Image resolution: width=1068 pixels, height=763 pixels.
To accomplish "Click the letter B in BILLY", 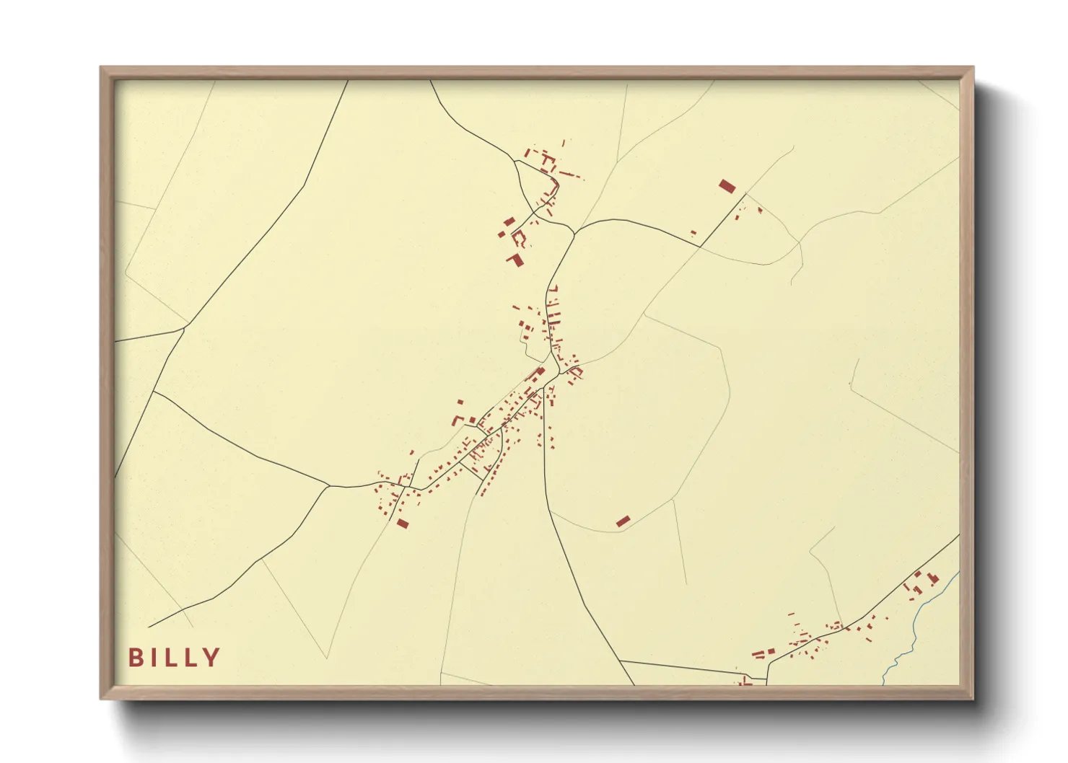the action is point(135,658).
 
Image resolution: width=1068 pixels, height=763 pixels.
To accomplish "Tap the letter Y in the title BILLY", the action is point(211,658).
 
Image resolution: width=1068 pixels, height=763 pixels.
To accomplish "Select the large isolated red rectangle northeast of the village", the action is point(727,186).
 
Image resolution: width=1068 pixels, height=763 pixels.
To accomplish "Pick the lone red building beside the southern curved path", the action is point(623,521).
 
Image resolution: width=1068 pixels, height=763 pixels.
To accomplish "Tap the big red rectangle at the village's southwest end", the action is point(403,523).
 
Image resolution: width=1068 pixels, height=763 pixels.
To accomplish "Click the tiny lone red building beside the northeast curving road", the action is point(693,233).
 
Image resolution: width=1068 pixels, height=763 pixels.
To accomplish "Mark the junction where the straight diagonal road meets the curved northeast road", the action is point(700,246).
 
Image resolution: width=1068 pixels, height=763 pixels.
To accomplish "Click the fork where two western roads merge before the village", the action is point(329,486).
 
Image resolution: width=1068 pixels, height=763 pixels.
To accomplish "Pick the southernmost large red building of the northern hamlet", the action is point(515,260).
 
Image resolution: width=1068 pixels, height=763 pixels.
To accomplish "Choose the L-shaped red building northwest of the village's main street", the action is point(457,419).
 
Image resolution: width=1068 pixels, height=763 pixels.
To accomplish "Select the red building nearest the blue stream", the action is point(933,578).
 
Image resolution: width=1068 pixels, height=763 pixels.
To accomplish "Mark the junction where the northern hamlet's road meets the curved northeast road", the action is point(574,234).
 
